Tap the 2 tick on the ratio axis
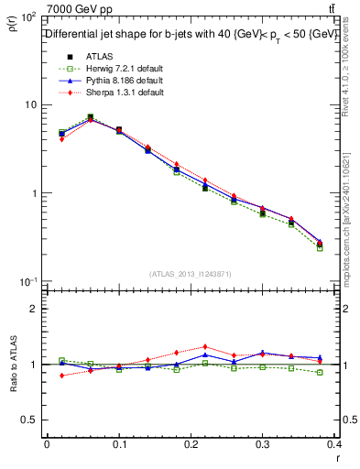(x=35, y=309)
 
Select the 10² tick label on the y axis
(x=29, y=17)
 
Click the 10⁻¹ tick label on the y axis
(x=29, y=280)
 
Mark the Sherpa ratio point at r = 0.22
(x=204, y=347)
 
